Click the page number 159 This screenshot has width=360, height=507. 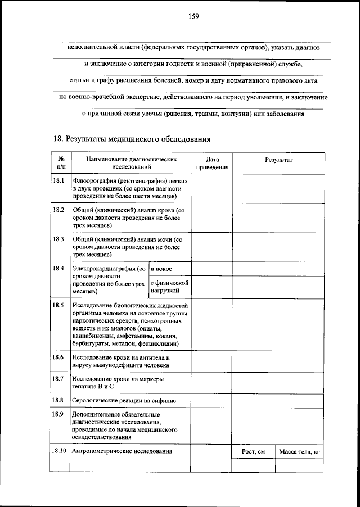[194, 16]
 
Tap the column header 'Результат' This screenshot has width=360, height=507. [279, 160]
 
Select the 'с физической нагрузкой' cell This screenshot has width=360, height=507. [170, 287]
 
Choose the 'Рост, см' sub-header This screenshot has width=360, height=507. [254, 451]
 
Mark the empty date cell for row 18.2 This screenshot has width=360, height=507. [213, 217]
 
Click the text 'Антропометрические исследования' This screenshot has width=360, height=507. [122, 451]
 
